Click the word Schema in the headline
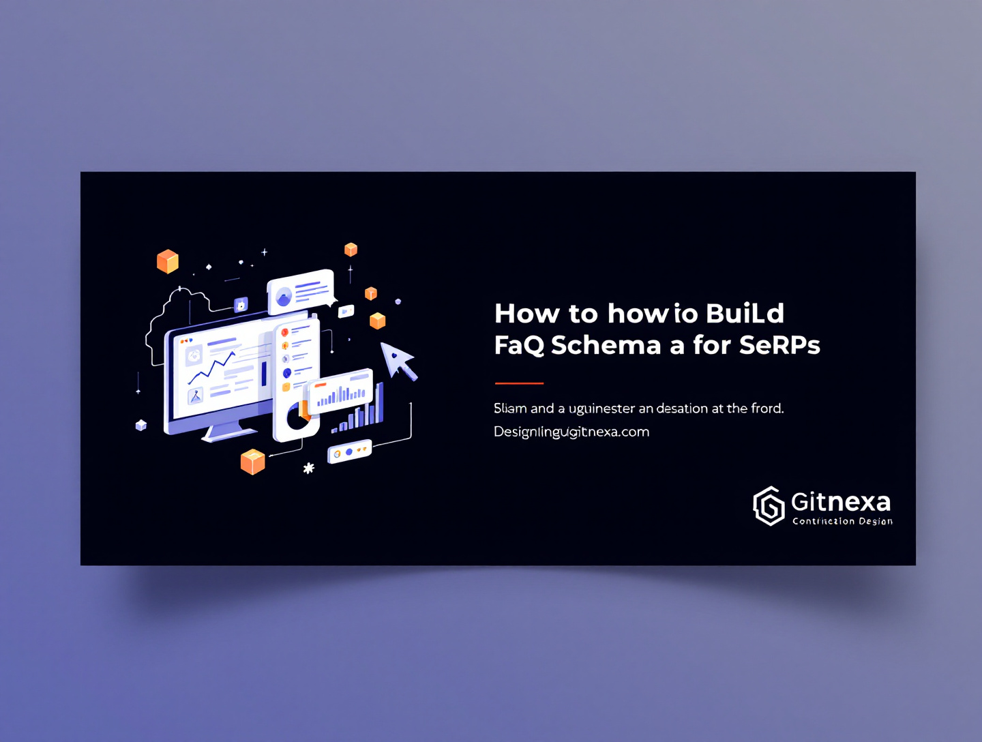pos(606,345)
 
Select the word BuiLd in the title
pos(745,314)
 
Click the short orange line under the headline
pos(519,383)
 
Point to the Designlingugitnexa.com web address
pos(571,432)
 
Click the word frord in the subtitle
pos(767,409)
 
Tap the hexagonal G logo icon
pos(769,506)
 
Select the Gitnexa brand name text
pos(841,502)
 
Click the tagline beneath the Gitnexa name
pos(842,522)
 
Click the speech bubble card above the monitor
pos(300,291)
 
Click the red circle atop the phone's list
pos(285,332)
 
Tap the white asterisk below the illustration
pos(309,468)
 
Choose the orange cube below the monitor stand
pos(252,462)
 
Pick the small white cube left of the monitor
pos(141,425)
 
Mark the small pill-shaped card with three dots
pos(349,451)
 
